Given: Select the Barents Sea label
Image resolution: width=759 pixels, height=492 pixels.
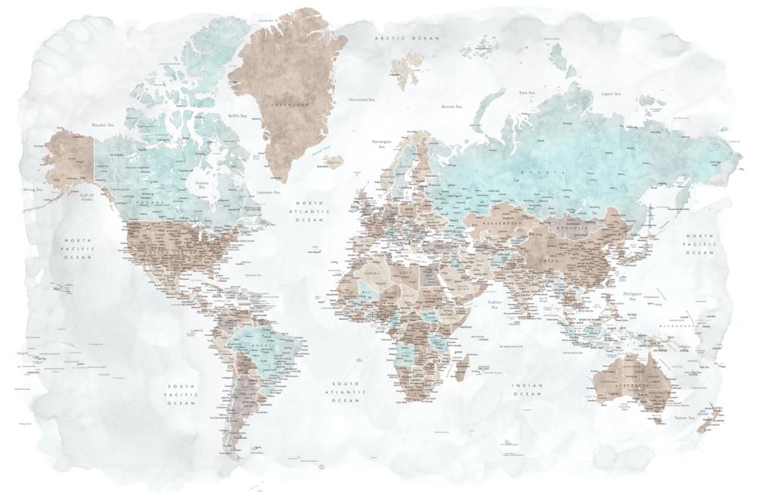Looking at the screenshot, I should pyautogui.click(x=453, y=107).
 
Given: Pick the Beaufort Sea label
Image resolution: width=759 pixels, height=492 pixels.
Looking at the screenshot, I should pyautogui.click(x=102, y=124).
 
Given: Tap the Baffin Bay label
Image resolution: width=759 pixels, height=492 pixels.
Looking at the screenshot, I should pyautogui.click(x=238, y=116).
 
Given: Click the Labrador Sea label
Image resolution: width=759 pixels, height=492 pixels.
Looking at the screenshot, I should pyautogui.click(x=269, y=193).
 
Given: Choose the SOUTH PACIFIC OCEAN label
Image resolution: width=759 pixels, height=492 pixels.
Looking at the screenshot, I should pyautogui.click(x=182, y=394).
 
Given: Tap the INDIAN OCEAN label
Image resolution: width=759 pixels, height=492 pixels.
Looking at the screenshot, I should pyautogui.click(x=527, y=390).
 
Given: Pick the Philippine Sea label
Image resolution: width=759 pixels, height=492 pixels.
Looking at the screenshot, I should pyautogui.click(x=631, y=296).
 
